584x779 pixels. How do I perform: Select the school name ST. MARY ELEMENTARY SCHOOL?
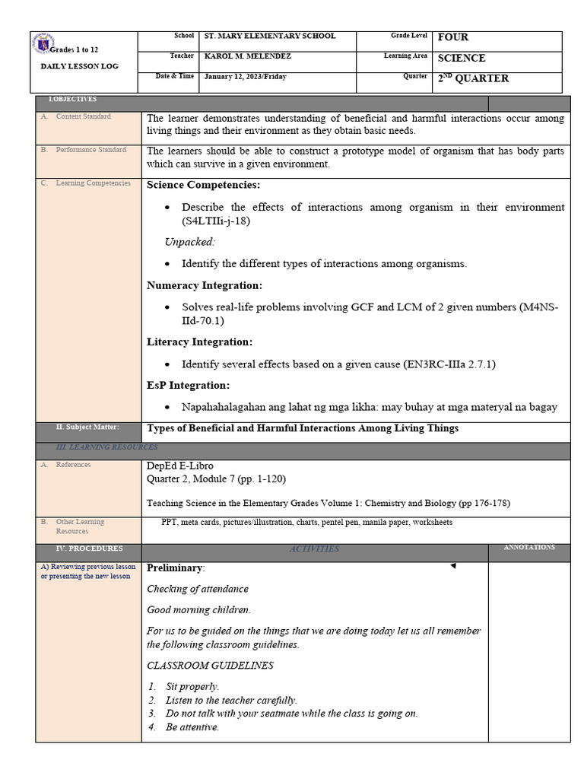[270, 37]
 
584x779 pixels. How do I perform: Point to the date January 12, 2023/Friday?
[245, 78]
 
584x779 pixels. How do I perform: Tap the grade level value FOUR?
[453, 37]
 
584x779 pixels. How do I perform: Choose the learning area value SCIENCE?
[462, 58]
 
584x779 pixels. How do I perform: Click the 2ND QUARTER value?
[473, 78]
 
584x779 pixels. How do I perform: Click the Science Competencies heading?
[203, 185]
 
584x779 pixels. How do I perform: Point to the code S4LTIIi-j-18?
[216, 221]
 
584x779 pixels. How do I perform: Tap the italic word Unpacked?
[190, 242]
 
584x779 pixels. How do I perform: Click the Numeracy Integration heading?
[205, 285]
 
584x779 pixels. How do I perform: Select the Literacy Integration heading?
[199, 342]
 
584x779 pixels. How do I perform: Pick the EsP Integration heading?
[188, 386]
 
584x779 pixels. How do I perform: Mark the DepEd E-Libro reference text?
[180, 466]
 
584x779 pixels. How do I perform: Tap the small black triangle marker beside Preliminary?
[453, 566]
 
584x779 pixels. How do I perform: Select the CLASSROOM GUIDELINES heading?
[210, 666]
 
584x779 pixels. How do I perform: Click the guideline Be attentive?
[192, 727]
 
